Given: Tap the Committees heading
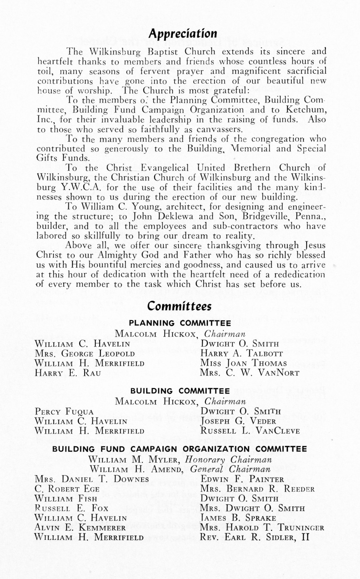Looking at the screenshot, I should [x=180, y=306].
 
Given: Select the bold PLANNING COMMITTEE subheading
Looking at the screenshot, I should [x=180, y=323].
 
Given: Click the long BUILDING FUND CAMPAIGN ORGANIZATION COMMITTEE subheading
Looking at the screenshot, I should [x=180, y=449].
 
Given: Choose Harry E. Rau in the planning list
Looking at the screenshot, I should [x=68, y=373].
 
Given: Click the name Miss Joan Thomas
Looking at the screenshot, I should [x=244, y=363].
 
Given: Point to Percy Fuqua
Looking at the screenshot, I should [x=64, y=411].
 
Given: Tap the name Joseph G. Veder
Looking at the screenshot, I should [x=236, y=421].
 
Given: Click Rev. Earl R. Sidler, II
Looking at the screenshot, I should [x=255, y=537].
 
